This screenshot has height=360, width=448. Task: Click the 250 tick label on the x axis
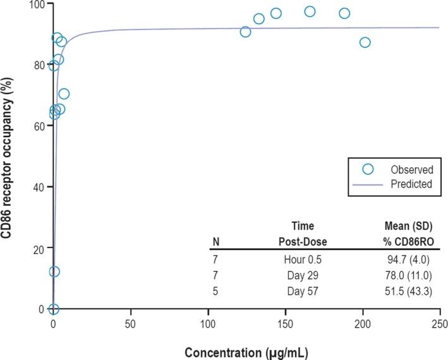coord(440,324)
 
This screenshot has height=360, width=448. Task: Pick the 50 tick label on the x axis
coord(131,324)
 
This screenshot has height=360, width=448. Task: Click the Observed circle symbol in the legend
coord(368,169)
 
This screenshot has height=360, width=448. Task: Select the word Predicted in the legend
coord(411,184)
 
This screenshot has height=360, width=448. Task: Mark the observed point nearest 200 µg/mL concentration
coord(365,42)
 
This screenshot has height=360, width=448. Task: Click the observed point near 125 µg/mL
coord(245,32)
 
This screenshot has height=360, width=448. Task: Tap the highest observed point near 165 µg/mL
coord(310,11)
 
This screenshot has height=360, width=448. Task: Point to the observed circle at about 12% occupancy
coord(54,272)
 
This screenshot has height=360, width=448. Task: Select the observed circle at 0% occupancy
coord(54,309)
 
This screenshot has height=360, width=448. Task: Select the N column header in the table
coord(217,241)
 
